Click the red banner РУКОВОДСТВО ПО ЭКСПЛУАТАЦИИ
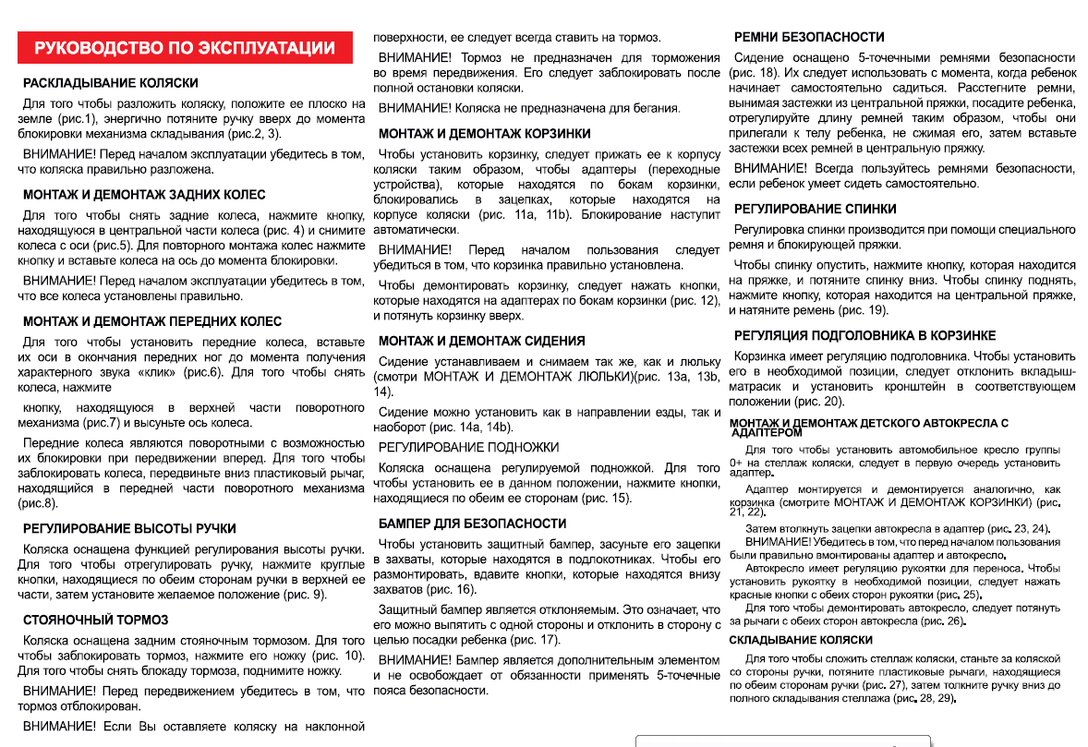tap(185, 48)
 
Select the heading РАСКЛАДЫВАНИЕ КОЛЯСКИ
tap(111, 83)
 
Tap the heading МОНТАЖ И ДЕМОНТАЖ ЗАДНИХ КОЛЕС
tap(144, 195)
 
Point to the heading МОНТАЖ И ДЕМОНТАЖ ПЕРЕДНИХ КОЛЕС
tap(152, 322)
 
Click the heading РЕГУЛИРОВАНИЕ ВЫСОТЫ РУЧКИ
tap(129, 529)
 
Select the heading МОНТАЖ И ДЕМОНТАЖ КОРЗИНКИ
tap(484, 134)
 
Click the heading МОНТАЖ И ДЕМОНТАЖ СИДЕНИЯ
tap(481, 341)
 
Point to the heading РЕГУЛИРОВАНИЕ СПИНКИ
tap(815, 210)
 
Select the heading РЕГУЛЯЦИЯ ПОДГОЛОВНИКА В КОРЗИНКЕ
tap(864, 335)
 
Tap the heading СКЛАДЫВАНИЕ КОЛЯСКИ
tap(801, 640)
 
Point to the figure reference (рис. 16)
tap(453, 589)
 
